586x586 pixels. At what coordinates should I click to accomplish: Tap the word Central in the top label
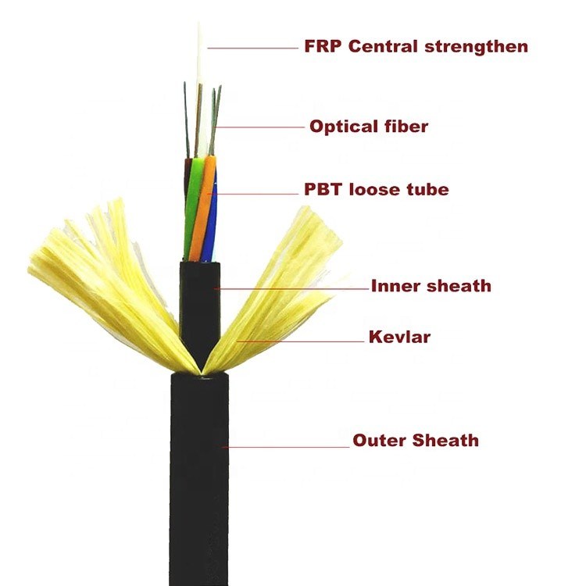(382, 46)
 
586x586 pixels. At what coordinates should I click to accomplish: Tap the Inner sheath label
(431, 286)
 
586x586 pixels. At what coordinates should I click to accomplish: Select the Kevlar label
(399, 338)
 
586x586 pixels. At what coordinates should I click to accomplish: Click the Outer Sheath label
(415, 441)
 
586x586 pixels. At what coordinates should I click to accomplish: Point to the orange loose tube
(202, 211)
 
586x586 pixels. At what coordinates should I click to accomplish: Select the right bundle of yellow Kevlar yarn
(281, 281)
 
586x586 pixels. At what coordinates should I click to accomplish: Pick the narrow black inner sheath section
(200, 305)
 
